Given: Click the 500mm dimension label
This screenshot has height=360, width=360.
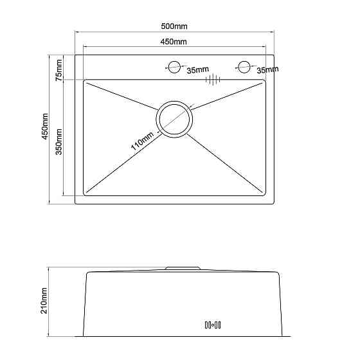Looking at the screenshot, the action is click(174, 26).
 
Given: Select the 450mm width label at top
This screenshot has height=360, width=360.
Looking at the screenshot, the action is click(174, 42).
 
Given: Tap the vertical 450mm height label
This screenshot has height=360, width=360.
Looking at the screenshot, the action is click(44, 126).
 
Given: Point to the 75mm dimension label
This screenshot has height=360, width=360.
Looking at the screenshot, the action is click(59, 70).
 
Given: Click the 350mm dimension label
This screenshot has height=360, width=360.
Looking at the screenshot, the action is click(59, 142).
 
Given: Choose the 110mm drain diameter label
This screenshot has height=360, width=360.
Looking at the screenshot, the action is click(142, 141).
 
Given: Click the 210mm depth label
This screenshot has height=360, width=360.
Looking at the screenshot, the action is click(44, 301).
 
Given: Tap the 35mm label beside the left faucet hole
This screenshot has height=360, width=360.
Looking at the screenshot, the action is click(198, 69).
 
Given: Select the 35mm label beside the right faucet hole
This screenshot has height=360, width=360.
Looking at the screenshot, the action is click(267, 69).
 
